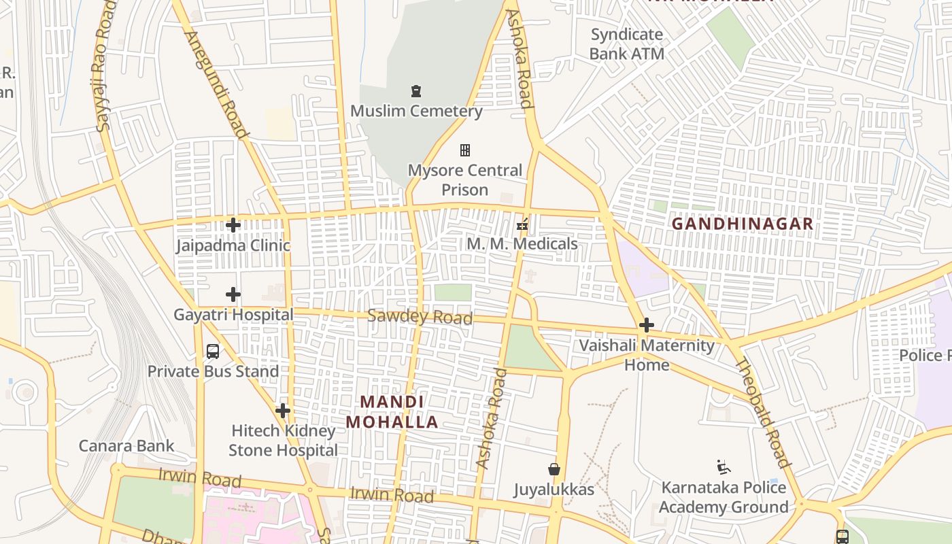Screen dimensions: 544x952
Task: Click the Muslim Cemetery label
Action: tap(416, 111)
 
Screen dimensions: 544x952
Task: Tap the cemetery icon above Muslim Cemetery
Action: tap(416, 91)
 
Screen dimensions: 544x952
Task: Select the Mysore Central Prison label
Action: tap(465, 180)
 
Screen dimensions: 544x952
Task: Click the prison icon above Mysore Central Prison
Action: tap(465, 150)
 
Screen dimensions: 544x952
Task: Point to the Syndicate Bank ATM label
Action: tap(626, 44)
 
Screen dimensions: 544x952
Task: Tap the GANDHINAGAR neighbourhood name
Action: tap(743, 224)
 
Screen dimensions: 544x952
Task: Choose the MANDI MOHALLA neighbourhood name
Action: tap(392, 412)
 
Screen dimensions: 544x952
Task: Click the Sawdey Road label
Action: tap(420, 317)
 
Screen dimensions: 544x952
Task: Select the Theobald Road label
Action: tap(764, 412)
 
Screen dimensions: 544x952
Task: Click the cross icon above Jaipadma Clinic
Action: tap(233, 225)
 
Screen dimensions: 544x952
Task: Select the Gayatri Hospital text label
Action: tap(233, 315)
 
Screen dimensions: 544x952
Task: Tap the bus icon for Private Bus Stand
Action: tap(213, 352)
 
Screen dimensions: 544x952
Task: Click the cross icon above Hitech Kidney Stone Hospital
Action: tap(283, 411)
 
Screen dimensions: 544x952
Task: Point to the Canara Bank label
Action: tap(126, 446)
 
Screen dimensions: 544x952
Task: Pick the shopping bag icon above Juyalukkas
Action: tap(554, 469)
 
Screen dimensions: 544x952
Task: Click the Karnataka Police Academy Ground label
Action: tap(724, 497)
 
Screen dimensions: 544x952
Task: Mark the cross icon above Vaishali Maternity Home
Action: tap(647, 325)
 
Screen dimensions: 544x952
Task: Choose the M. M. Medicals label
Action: tap(522, 243)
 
